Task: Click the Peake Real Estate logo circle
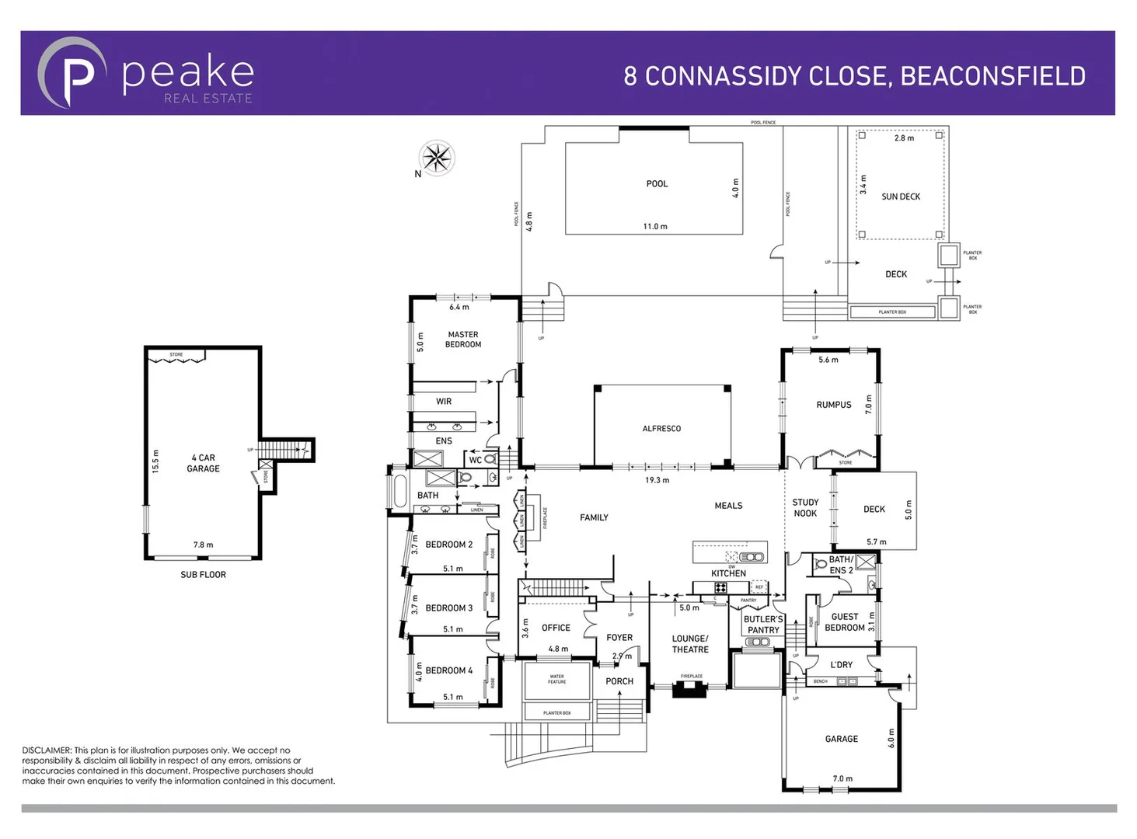click(x=72, y=73)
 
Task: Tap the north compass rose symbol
click(x=436, y=158)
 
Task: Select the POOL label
click(x=657, y=184)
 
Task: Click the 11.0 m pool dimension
click(x=654, y=227)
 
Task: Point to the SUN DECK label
click(x=900, y=197)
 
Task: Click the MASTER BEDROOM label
click(x=462, y=339)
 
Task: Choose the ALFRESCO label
click(x=661, y=429)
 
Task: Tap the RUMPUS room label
click(x=833, y=405)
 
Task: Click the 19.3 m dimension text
click(x=657, y=480)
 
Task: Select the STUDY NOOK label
click(x=805, y=508)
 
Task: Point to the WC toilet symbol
click(x=490, y=459)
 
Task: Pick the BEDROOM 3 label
click(x=448, y=608)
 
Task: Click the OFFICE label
click(x=556, y=628)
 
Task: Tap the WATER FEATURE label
click(x=556, y=679)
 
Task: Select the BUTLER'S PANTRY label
click(x=762, y=625)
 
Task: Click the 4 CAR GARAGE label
click(x=203, y=463)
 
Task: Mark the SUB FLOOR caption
click(x=203, y=575)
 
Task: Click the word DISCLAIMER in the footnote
click(x=47, y=750)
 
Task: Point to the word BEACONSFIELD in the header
click(x=992, y=76)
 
